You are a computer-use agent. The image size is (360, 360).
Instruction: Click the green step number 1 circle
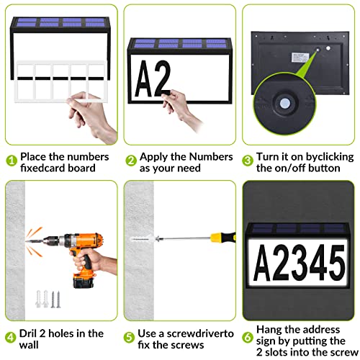point(11,161)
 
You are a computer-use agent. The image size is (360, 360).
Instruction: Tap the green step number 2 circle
point(131,161)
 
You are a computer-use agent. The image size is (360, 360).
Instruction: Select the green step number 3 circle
point(248,161)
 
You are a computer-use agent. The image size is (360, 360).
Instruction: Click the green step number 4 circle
point(11,336)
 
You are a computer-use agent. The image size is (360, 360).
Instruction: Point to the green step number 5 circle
point(131,336)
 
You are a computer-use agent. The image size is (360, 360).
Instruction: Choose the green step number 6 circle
point(248,336)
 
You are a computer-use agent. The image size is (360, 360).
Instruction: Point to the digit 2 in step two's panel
point(163,77)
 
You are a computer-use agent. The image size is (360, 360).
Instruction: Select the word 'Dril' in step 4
point(31,333)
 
